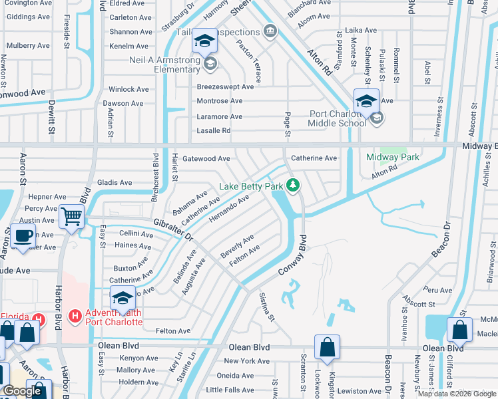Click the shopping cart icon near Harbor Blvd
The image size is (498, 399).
click(71, 216)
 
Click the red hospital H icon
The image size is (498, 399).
click(75, 314)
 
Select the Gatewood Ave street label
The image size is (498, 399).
click(206, 159)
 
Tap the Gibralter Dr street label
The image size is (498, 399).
click(172, 229)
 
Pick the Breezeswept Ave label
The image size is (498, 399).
click(225, 87)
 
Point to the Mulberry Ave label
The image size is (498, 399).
click(28, 46)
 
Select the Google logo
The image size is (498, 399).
click(23, 391)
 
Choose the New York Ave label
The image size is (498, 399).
click(246, 361)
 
